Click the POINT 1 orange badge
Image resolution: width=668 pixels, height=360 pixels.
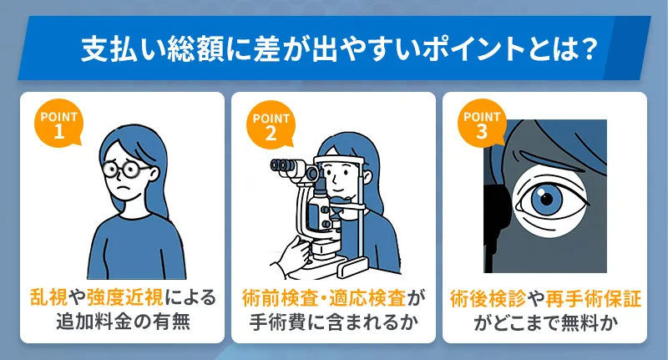pyautogui.click(x=57, y=122)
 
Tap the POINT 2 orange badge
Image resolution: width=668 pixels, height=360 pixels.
pyautogui.click(x=270, y=122)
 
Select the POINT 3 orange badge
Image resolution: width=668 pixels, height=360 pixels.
pyautogui.click(x=482, y=122)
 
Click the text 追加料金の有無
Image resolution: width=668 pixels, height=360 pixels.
pyautogui.click(x=123, y=322)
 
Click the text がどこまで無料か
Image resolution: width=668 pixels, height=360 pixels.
pyautogui.click(x=545, y=322)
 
